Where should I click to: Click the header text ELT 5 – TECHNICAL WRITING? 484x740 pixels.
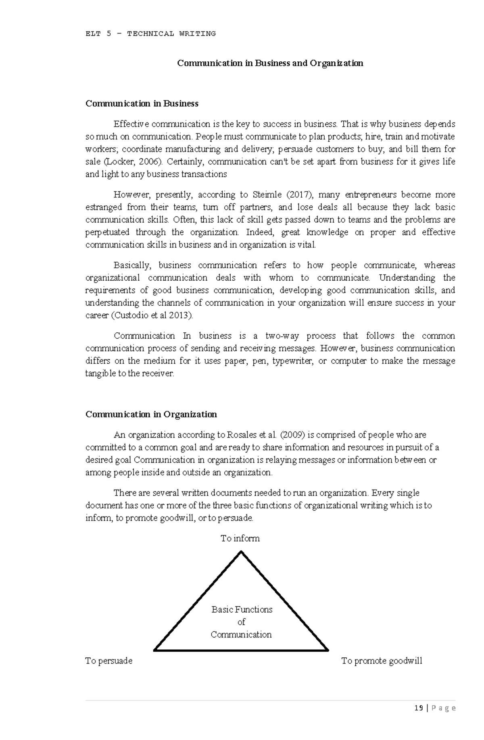[150, 34]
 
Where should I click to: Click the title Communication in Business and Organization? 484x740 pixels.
[270, 63]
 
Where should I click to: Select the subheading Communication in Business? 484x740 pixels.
[142, 104]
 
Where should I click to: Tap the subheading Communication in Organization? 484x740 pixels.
[151, 414]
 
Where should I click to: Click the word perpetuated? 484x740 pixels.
[107, 232]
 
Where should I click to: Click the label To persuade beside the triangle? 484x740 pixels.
[109, 661]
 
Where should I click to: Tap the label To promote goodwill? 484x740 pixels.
[382, 661]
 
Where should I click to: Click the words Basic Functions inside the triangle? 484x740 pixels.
[242, 610]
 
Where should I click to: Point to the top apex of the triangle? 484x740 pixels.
[241, 552]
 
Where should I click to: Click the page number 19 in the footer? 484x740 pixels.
[419, 719]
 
